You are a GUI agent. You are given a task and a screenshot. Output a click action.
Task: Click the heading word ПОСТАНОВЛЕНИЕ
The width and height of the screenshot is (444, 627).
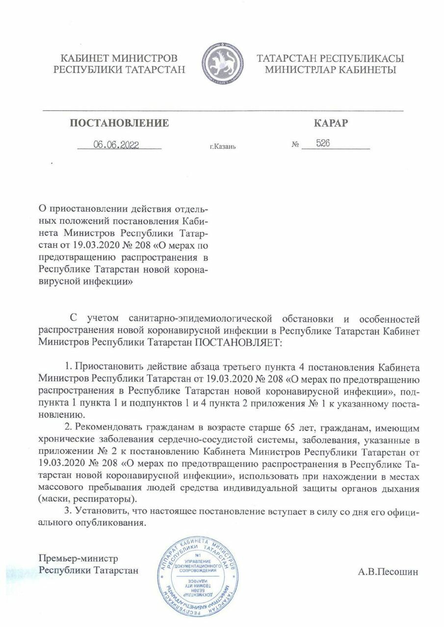tap(120, 123)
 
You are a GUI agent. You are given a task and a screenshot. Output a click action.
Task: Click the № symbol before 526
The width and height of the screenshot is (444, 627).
tap(295, 145)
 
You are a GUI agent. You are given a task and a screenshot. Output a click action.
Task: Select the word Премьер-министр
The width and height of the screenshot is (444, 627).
tap(79, 558)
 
